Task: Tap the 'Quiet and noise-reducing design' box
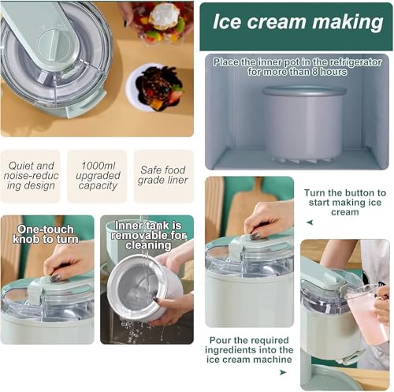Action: click(x=30, y=177)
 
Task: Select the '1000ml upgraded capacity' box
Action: click(x=97, y=177)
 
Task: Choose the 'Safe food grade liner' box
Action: click(x=163, y=176)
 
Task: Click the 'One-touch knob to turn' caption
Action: click(x=46, y=235)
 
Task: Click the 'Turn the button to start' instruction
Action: click(x=344, y=202)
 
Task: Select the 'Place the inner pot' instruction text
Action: click(x=297, y=66)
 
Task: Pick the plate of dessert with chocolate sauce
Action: click(x=158, y=88)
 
